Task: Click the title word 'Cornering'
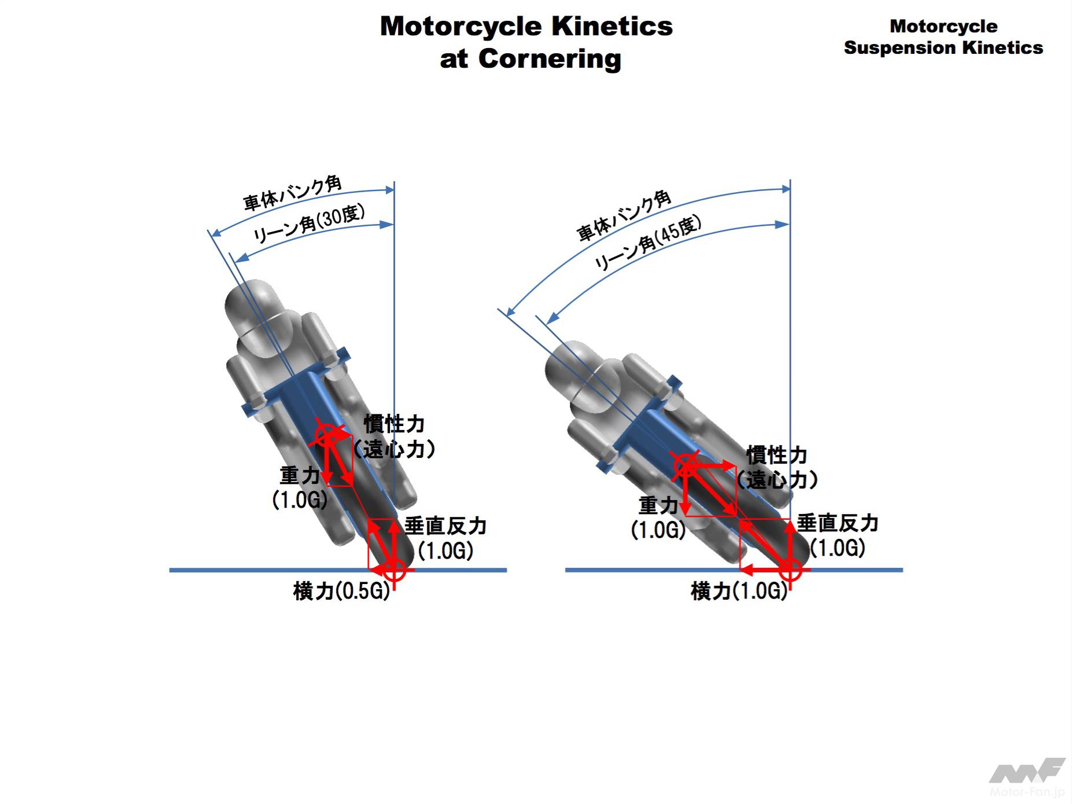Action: coord(549,59)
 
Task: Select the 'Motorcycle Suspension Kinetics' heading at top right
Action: coord(943,37)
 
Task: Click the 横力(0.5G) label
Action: coord(341,592)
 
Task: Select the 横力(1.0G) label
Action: coord(739,592)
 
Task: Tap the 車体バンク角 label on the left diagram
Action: coord(292,193)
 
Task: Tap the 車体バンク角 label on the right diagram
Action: coord(624,215)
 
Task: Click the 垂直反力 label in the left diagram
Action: coord(445,526)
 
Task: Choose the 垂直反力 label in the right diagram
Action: coord(837,523)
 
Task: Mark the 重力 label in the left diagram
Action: coord(300,476)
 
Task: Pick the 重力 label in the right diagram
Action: coord(658,506)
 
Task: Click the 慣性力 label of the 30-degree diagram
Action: coord(394,424)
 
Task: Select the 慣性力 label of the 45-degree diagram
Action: coord(776,456)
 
